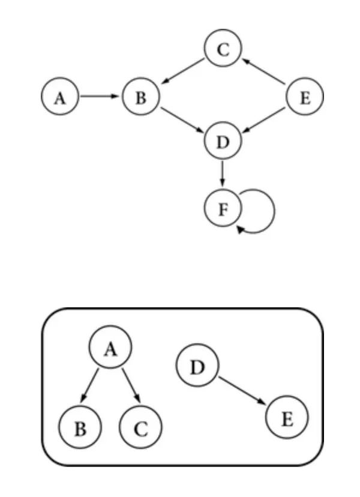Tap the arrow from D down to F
click(223, 175)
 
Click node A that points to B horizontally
click(60, 97)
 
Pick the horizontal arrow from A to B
click(100, 97)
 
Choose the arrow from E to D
click(264, 119)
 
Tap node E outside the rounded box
click(305, 97)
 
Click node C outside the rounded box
click(223, 49)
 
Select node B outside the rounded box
click(140, 97)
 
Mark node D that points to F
click(223, 142)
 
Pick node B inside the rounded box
click(80, 429)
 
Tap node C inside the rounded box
click(141, 429)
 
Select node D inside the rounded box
click(197, 367)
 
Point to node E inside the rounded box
click(287, 419)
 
